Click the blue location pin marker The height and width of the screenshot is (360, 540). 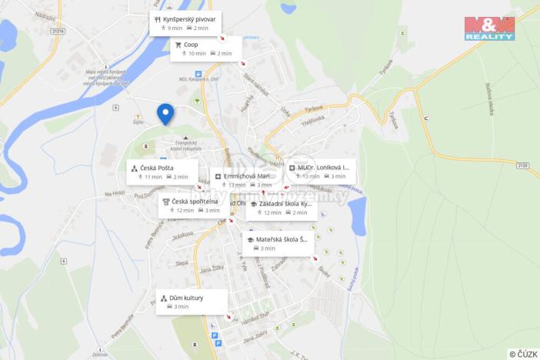pos(165,114)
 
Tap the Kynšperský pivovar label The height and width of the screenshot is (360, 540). pos(189,18)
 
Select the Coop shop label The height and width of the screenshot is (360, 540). pos(191,45)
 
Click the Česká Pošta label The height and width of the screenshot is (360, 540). pos(157,168)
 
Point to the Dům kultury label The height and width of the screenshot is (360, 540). pos(188,298)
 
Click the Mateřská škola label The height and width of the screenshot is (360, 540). pos(281,239)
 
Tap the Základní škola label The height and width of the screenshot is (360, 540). pos(285,204)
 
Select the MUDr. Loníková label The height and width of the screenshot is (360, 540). pos(324,167)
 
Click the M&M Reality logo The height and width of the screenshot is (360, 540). pos(489,28)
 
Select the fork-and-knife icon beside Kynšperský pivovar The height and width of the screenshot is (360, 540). pos(157,18)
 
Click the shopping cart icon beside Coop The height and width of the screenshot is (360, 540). pos(178,45)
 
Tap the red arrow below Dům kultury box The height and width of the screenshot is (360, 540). pos(228,315)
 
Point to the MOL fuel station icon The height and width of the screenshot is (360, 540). pos(198,75)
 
